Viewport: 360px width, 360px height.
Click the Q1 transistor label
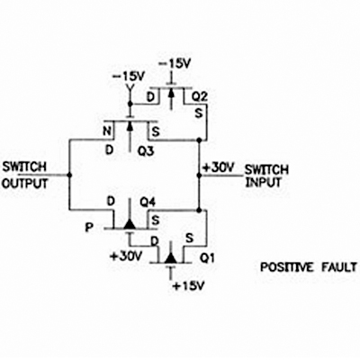click(207, 258)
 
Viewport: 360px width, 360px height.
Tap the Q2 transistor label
click(200, 96)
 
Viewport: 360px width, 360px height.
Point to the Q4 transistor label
click(148, 202)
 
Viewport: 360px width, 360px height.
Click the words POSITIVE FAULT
click(309, 267)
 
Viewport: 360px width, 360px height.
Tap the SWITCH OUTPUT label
click(24, 175)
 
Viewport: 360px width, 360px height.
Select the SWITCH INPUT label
click(266, 176)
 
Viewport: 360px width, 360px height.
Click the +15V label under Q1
click(189, 286)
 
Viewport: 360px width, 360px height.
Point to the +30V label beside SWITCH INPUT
click(218, 168)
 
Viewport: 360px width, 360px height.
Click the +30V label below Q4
click(126, 256)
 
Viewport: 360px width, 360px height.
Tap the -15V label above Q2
click(175, 64)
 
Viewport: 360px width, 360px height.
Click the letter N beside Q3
click(108, 131)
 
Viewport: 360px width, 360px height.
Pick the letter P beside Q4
click(89, 228)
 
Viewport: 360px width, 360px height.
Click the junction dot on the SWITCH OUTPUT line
click(69, 175)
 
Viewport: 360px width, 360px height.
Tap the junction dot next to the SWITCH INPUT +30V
click(199, 175)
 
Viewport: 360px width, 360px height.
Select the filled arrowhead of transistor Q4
click(130, 224)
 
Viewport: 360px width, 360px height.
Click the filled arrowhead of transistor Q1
click(171, 257)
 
